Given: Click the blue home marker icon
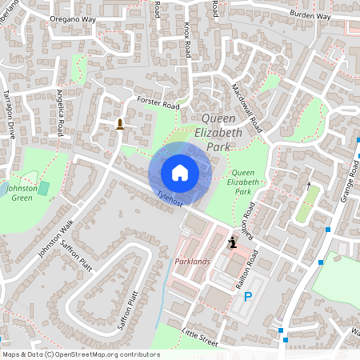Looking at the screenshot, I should (x=180, y=172).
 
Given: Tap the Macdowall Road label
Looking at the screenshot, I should (x=246, y=108).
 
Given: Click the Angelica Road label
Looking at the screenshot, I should (x=64, y=109).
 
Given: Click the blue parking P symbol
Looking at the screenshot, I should (x=248, y=297).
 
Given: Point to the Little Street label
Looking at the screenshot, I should (x=200, y=339).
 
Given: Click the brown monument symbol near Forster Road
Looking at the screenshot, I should (x=120, y=123).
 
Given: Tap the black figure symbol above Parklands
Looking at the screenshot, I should (x=233, y=241).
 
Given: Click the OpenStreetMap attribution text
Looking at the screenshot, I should (x=80, y=354).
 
